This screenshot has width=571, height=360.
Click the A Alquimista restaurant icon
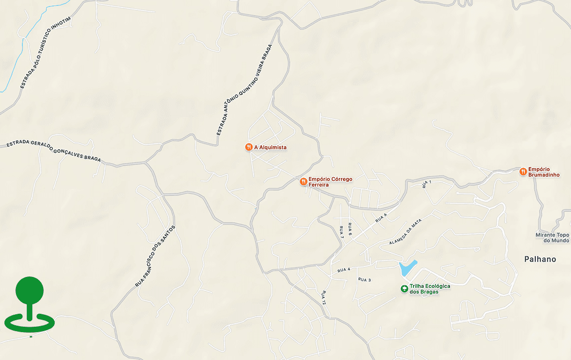tap(248, 147)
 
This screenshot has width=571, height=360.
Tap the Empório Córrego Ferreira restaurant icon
tap(303, 181)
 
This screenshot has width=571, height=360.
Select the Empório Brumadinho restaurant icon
tap(523, 172)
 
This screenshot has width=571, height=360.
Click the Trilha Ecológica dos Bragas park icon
tap(405, 288)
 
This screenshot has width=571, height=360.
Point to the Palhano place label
tap(540, 259)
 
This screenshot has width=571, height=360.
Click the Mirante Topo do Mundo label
tap(552, 238)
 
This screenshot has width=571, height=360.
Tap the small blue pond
tap(407, 268)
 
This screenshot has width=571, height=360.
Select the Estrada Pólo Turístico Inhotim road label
tap(46, 52)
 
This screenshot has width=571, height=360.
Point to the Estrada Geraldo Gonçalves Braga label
tap(54, 151)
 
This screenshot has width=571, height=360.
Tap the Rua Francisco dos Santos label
tap(156, 256)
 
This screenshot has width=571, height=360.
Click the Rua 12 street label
tap(324, 297)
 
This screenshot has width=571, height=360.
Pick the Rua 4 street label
tap(343, 270)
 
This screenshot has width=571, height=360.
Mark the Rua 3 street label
tap(364, 279)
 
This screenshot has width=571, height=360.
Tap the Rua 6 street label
tap(350, 229)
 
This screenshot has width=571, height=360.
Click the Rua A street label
tap(381, 217)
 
